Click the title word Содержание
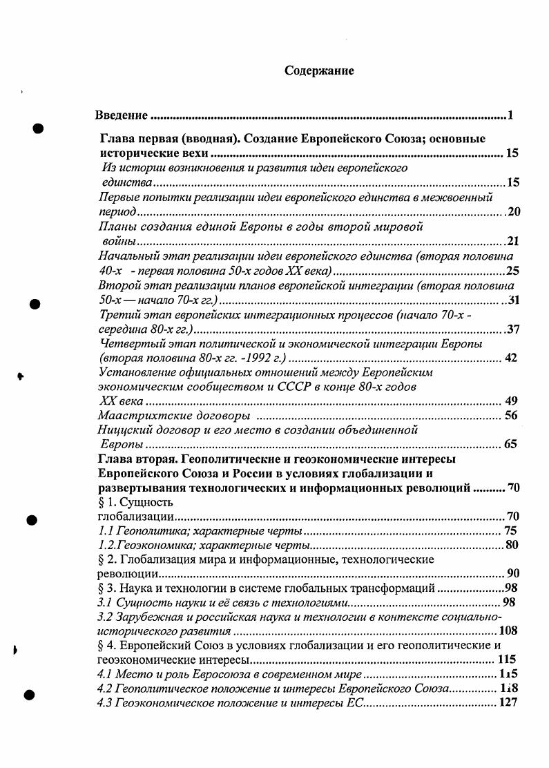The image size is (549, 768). coord(319,70)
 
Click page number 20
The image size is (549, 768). coord(512,211)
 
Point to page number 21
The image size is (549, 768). coord(512,241)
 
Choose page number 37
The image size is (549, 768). coord(512,329)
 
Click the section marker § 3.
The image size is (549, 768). coord(107,588)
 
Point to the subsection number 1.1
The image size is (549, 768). coord(106,531)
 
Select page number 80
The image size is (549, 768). coord(511,545)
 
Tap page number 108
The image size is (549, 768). coord(508,631)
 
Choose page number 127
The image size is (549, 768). coord(508,703)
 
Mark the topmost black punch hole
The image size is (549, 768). coord(39,128)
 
